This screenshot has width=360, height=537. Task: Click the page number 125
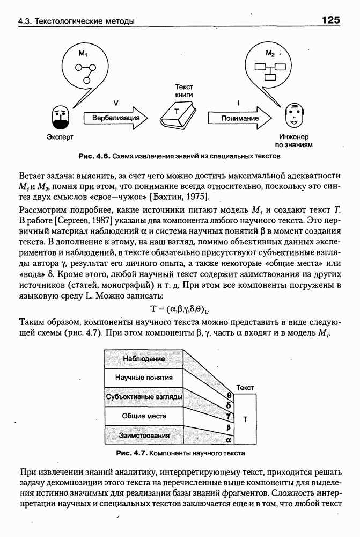(x=331, y=20)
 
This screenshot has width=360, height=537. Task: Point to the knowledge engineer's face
(x=292, y=114)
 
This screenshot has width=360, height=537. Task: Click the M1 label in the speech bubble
(x=83, y=54)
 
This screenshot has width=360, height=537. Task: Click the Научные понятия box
(x=144, y=378)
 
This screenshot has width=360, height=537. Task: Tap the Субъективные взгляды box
(x=144, y=397)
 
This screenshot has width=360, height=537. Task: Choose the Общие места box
(x=144, y=416)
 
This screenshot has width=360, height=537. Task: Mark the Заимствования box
(x=144, y=435)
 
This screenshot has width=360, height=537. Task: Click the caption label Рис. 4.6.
(x=94, y=156)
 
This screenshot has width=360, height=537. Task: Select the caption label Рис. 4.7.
(x=132, y=453)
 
